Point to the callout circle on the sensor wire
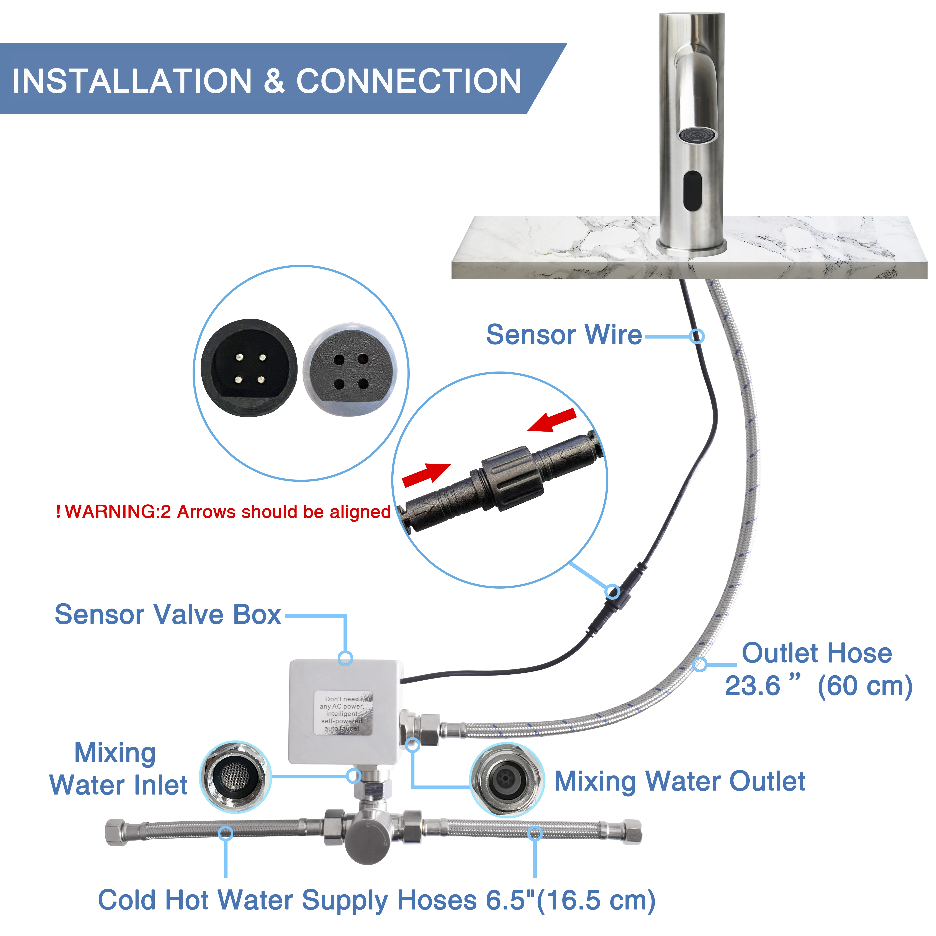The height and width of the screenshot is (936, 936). pos(697,336)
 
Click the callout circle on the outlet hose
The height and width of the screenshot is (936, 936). pos(699,664)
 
